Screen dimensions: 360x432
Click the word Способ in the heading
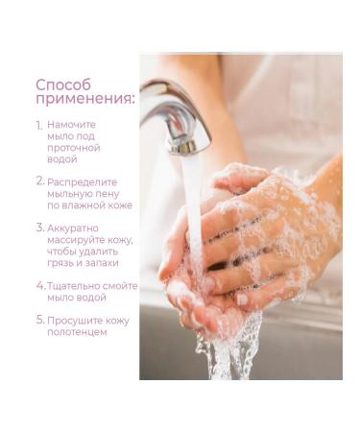tap(63, 85)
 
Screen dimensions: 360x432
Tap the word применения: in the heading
tap(85, 99)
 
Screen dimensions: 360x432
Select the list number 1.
tap(39, 126)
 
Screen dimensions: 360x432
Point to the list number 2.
tap(40, 181)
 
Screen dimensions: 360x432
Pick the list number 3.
tap(40, 228)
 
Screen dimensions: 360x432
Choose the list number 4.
tap(40, 285)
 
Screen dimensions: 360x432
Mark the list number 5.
tap(40, 320)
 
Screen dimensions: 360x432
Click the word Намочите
tap(71, 125)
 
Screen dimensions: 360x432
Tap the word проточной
tap(74, 148)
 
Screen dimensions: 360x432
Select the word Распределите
tap(83, 182)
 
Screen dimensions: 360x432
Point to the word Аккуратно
tap(73, 228)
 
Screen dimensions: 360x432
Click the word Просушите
tap(74, 321)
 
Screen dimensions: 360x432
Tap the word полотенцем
tap(77, 332)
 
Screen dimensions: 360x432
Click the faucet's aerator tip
tap(182, 147)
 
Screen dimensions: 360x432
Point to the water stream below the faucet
tap(193, 204)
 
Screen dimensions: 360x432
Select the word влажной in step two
tap(84, 205)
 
